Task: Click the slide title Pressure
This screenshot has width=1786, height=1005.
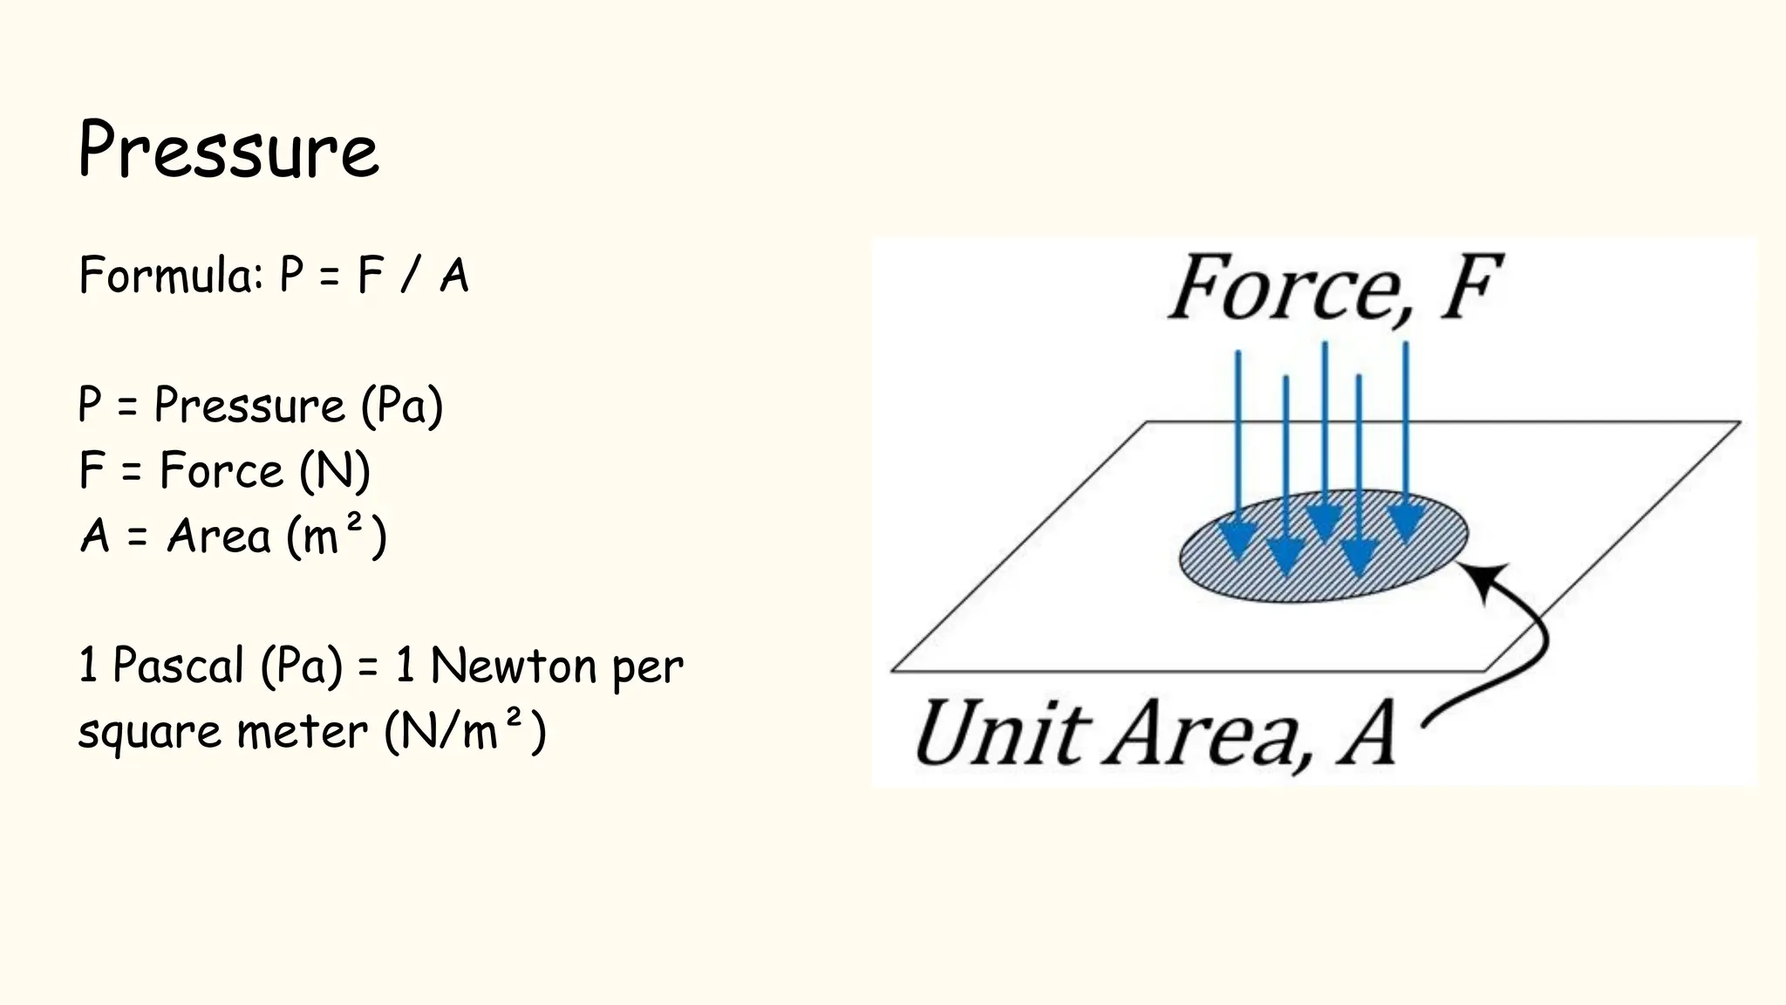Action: click(228, 150)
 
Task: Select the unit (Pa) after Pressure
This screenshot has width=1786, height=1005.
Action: click(402, 407)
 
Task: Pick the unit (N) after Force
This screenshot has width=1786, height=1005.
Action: click(335, 471)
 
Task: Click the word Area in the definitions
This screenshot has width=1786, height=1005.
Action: click(219, 536)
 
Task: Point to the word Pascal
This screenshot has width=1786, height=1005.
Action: click(178, 666)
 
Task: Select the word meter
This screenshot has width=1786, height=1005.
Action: click(302, 731)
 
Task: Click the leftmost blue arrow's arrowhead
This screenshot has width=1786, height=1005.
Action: click(1238, 541)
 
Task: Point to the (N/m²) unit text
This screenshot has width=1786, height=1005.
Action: click(465, 731)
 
